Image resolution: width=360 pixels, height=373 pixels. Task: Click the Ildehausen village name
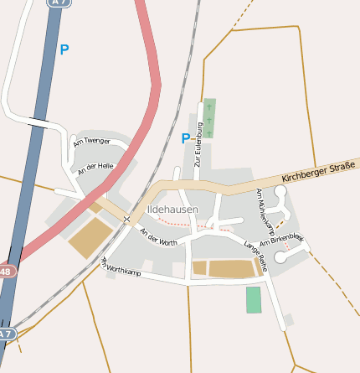173,208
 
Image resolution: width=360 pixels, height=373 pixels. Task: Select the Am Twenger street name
91,142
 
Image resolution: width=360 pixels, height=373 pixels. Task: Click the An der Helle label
95,168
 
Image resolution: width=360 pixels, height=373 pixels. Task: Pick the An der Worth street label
158,237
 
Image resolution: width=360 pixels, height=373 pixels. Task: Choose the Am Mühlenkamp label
265,210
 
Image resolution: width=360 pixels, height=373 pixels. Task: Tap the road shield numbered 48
6,272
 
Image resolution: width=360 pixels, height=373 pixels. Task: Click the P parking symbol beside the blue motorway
64,50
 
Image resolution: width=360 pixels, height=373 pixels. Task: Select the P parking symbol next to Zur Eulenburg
185,138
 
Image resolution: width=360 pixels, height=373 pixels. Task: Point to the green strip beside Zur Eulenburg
209,117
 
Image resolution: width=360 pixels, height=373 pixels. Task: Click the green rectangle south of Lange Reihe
254,299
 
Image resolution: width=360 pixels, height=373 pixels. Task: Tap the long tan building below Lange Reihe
231,268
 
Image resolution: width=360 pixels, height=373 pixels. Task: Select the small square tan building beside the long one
199,267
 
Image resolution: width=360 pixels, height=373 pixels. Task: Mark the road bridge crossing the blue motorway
38,122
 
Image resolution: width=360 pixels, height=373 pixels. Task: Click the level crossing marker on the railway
126,220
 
